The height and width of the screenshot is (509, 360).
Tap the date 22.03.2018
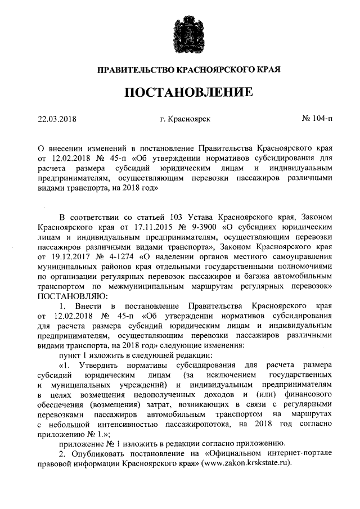coord(57,120)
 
